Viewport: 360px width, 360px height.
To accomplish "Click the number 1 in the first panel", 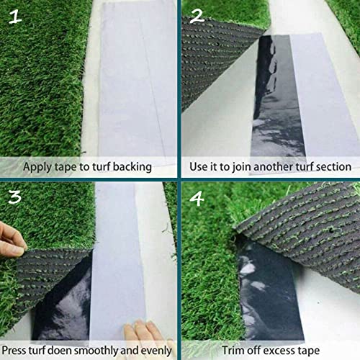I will (x=15, y=17).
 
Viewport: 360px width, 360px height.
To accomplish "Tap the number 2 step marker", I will (x=196, y=16).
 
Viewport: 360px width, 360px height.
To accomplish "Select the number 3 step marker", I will (x=15, y=196).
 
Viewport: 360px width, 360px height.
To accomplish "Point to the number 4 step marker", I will (x=197, y=197).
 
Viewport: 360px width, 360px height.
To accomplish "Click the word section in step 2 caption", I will (x=331, y=167).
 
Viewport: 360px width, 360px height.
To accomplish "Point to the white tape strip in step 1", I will (x=137, y=79).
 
